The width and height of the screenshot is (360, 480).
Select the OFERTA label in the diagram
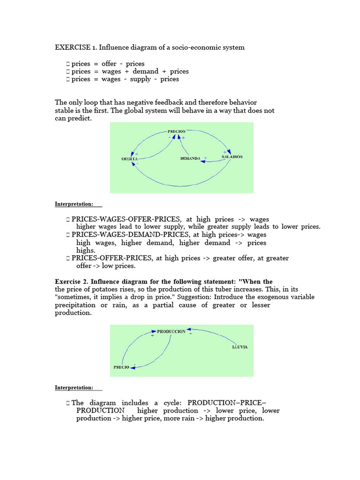click(x=129, y=159)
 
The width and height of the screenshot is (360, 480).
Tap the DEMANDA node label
click(x=190, y=158)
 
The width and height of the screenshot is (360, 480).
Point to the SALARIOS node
click(x=232, y=157)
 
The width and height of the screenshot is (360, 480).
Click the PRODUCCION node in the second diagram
click(x=171, y=331)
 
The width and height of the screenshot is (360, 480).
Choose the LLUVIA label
click(x=240, y=347)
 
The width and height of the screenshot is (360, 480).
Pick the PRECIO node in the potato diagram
click(x=121, y=367)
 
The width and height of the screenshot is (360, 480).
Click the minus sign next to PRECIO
click(x=134, y=364)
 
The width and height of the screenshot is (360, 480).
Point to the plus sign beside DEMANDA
click(x=205, y=158)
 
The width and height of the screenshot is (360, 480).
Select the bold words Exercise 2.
click(x=71, y=282)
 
